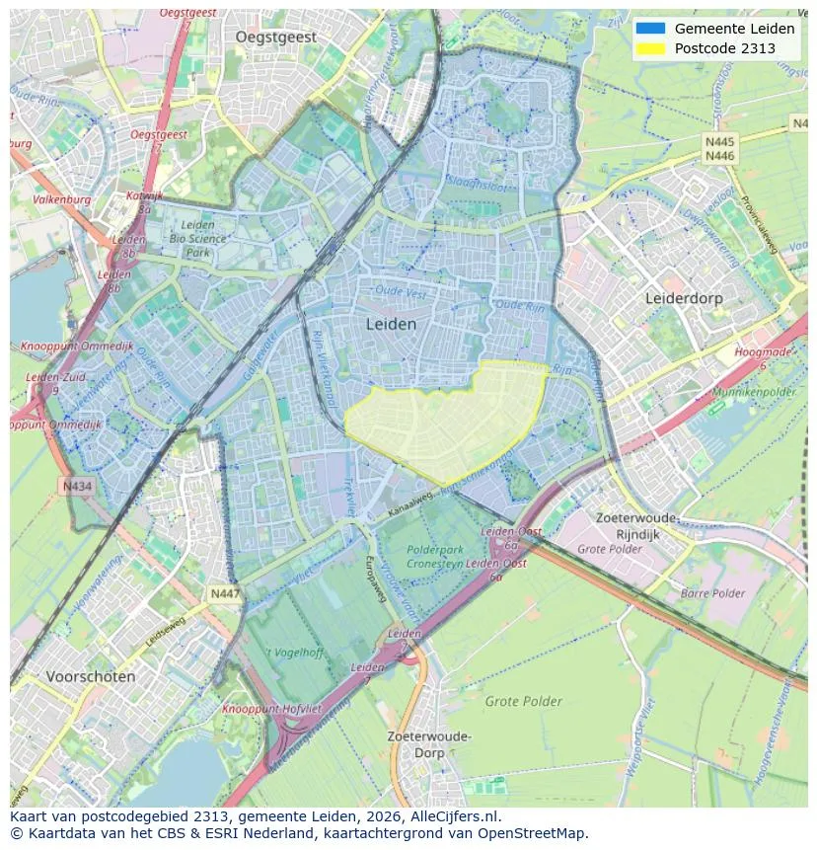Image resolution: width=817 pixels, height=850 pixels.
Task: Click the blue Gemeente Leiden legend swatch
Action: pyautogui.click(x=651, y=29)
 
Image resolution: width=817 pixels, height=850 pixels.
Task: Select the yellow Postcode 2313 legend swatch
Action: pyautogui.click(x=651, y=48)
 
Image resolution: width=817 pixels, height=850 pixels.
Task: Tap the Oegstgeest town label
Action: pyautogui.click(x=276, y=37)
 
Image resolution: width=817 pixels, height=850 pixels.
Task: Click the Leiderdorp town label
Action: pyautogui.click(x=684, y=298)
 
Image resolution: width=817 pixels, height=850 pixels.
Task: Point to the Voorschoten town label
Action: pyautogui.click(x=91, y=677)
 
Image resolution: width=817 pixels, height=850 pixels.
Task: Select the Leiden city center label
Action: pyautogui.click(x=391, y=324)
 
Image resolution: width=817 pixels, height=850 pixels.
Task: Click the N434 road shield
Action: pyautogui.click(x=76, y=486)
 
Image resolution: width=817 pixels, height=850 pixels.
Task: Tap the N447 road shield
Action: pyautogui.click(x=223, y=593)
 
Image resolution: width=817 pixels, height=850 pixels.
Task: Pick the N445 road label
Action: pyautogui.click(x=719, y=142)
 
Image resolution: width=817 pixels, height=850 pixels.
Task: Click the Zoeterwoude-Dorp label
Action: pyautogui.click(x=429, y=744)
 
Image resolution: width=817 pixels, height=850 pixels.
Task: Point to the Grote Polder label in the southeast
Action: pyautogui.click(x=523, y=702)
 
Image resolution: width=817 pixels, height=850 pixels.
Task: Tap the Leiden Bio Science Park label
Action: pyautogui.click(x=197, y=238)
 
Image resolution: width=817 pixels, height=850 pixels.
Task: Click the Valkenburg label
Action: pyautogui.click(x=62, y=199)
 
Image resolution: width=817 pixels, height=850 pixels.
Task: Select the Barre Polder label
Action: pyautogui.click(x=712, y=593)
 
